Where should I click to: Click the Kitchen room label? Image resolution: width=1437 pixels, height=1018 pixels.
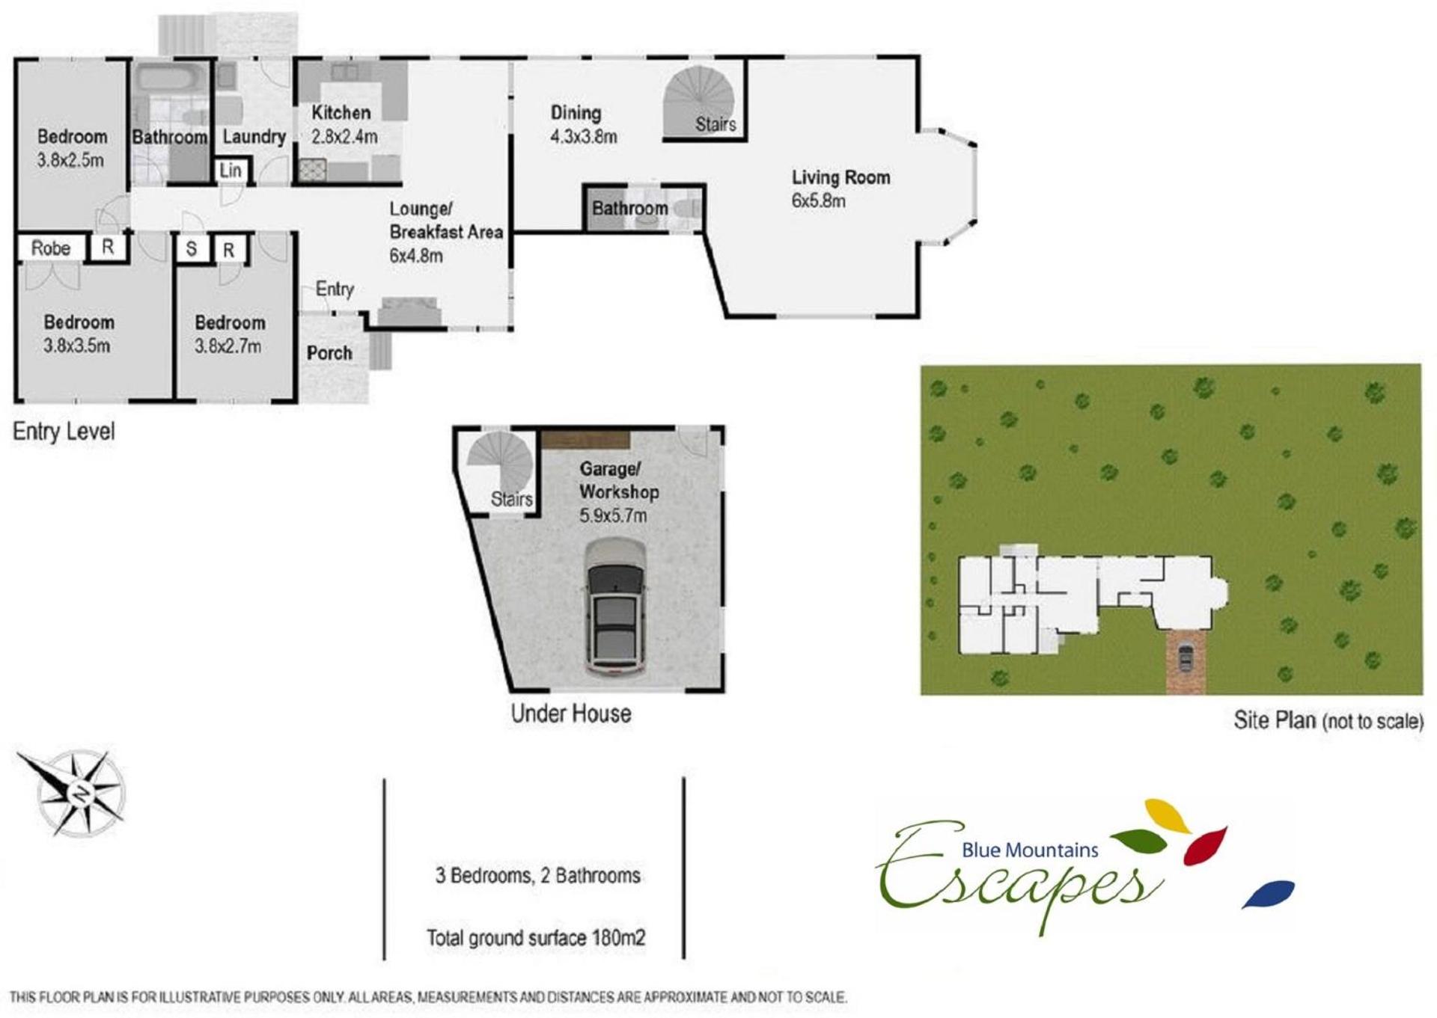click(x=341, y=113)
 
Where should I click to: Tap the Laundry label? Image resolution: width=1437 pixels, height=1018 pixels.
click(x=254, y=137)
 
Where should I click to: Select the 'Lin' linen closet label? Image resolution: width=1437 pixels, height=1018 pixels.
click(x=231, y=171)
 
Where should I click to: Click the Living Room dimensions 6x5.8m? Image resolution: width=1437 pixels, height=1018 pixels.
click(x=819, y=200)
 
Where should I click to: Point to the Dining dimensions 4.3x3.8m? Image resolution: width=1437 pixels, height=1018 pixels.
click(x=584, y=137)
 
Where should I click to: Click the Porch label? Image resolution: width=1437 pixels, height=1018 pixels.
click(x=329, y=353)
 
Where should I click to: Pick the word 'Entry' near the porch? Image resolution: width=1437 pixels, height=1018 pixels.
click(x=335, y=289)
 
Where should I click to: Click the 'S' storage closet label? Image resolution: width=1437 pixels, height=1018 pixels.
click(x=192, y=249)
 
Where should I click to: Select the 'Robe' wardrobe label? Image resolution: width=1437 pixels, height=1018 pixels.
click(x=51, y=248)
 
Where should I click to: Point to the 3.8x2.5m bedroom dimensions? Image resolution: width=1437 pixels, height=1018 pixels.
click(x=70, y=160)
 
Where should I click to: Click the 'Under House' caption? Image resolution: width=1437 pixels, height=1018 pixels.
click(x=571, y=714)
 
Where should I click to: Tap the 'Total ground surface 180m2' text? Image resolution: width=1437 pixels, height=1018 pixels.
click(x=536, y=938)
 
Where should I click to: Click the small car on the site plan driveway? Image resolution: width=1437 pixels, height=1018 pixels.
click(x=1186, y=657)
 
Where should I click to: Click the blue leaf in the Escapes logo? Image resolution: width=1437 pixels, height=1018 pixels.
click(x=1269, y=894)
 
